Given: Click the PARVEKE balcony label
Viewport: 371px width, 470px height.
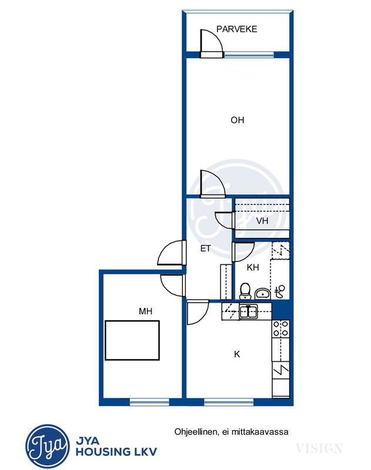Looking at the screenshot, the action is coord(236,29).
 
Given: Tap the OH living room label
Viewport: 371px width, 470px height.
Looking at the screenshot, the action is coord(237,120).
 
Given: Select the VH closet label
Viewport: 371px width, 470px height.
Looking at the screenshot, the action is coord(262,221).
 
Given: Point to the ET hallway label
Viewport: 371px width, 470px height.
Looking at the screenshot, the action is coord(206,249).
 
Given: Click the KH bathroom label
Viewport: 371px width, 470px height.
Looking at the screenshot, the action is coord(253,267).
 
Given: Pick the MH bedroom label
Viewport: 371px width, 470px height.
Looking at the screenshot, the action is coord(145,311).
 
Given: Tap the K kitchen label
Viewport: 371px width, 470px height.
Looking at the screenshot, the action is coord(237,354).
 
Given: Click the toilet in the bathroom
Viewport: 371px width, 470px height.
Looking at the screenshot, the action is coord(245,291).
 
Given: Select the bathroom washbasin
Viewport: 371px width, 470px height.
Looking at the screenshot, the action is coord(263,294).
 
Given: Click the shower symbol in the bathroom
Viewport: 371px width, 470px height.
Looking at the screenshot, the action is coord(279,291).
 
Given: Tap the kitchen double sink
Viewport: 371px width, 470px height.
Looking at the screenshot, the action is coord(248,311).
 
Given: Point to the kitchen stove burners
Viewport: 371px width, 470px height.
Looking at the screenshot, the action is coord(280,328).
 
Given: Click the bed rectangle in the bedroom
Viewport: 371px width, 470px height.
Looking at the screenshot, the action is coord(132,340).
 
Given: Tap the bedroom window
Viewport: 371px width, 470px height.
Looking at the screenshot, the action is coord(149,402).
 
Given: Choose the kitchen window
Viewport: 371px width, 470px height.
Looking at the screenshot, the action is coord(229,402).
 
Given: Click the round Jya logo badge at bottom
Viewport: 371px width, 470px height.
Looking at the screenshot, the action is coord(48,446).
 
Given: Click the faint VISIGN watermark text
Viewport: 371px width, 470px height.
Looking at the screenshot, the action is coord(319,448).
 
